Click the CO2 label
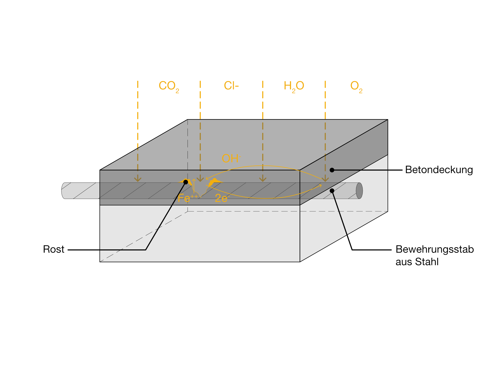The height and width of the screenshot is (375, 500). (x=169, y=87)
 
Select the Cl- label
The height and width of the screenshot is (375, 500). (x=231, y=86)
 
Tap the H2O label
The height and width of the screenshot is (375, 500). (x=294, y=87)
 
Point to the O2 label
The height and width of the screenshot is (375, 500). (x=356, y=87)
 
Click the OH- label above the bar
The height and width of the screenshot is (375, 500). (x=231, y=158)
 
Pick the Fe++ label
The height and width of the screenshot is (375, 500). (x=188, y=198)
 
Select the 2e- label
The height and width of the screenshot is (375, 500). (x=222, y=198)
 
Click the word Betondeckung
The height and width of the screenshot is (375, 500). (x=439, y=170)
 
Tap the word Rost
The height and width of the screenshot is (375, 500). (x=54, y=249)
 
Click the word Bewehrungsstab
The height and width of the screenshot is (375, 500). (x=435, y=249)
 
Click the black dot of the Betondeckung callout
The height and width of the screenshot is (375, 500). (x=332, y=170)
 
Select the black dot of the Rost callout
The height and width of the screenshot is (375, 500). (x=185, y=182)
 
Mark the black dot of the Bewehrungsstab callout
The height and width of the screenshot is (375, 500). (x=332, y=191)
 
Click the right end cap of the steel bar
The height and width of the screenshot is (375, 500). (x=359, y=191)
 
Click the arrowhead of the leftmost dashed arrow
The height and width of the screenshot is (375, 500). (x=138, y=179)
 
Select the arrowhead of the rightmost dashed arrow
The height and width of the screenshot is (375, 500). (x=325, y=179)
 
